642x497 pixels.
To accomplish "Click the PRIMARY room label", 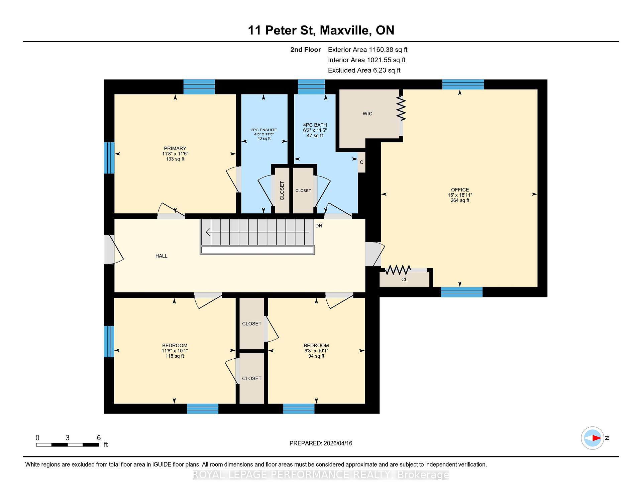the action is tap(175, 148).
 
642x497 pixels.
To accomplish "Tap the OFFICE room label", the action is tap(460, 190).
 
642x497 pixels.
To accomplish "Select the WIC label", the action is tap(367, 114).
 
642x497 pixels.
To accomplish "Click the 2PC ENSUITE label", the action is tap(264, 130).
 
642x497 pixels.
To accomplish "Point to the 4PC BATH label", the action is tap(315, 125).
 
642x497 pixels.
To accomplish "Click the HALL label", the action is tap(161, 256).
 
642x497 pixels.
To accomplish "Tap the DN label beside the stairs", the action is tap(319, 226).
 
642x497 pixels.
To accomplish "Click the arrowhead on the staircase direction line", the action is tap(208, 232).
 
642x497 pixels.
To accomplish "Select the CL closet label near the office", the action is tap(404, 279).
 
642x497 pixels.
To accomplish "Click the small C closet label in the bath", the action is tap(361, 162).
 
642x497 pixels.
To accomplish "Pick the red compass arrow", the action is tap(597, 438).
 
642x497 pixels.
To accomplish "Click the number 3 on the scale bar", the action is tap(68, 438).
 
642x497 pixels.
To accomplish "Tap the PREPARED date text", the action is tap(321, 443).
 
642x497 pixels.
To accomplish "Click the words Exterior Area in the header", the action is tap(347, 50).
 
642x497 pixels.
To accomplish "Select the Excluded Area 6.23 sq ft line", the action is tap(364, 70).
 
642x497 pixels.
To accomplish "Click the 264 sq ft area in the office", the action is tap(460, 200).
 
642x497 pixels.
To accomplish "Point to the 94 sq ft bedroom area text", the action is tap(316, 356).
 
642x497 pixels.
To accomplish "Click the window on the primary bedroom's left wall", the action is tap(109, 158).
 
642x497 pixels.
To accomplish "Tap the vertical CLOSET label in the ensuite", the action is tap(282, 191).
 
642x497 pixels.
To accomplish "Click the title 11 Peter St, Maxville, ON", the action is tap(321, 30).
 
